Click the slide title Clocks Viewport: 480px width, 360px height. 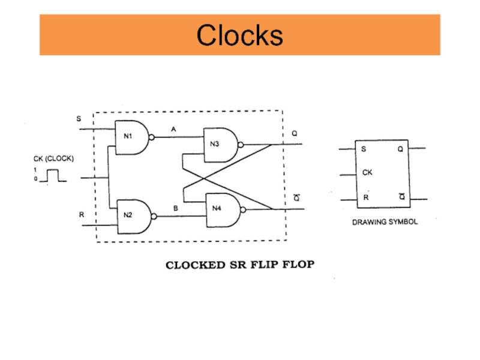pyautogui.click(x=239, y=35)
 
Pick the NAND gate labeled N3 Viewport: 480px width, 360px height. pyautogui.click(x=218, y=145)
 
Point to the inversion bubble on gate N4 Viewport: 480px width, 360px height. pyautogui.click(x=242, y=210)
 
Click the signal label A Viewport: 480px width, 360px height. pyautogui.click(x=174, y=129)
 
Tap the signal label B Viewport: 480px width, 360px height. pyautogui.click(x=175, y=208)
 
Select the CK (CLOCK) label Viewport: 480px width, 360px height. pyautogui.click(x=53, y=159)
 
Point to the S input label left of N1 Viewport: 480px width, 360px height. pyautogui.click(x=78, y=119)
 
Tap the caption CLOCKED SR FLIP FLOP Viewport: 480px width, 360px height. pyautogui.click(x=239, y=264)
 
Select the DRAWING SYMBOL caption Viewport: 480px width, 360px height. pyautogui.click(x=384, y=221)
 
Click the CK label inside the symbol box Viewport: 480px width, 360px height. pyautogui.click(x=367, y=173)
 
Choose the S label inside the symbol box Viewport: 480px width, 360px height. pyautogui.click(x=364, y=149)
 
